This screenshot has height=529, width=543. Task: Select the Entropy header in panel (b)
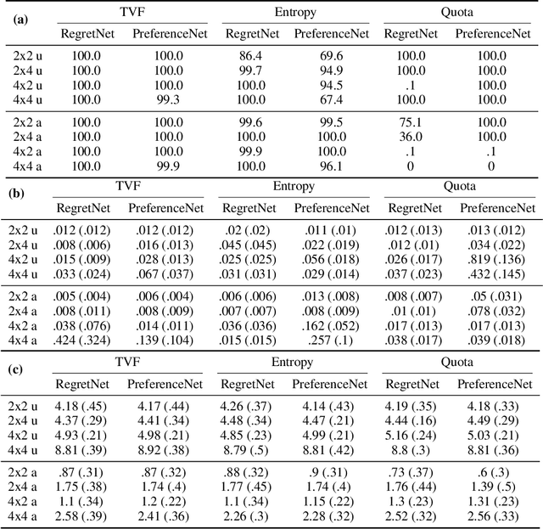pos(292,187)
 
